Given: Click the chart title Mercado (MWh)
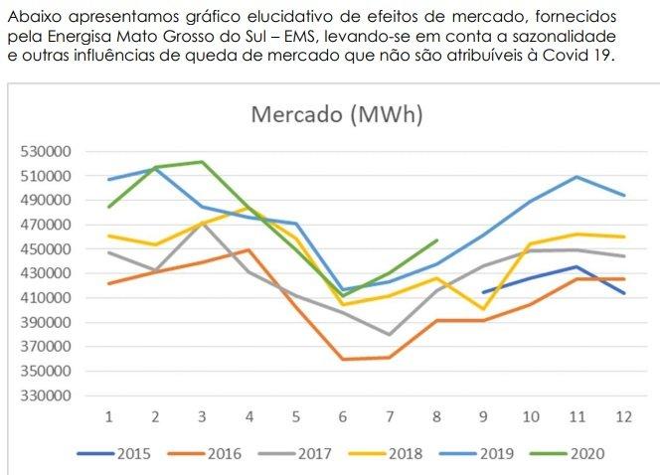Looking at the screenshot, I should click(x=337, y=114).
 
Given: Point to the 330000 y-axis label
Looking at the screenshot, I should click(x=43, y=396).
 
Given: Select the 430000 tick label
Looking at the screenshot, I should click(x=43, y=273).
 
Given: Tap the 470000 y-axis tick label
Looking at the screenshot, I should click(x=43, y=225).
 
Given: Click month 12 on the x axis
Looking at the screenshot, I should click(x=621, y=413).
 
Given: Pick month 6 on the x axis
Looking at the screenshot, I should click(x=342, y=413).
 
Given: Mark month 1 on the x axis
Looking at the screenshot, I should click(x=109, y=413).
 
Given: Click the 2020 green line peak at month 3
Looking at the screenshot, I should click(x=202, y=162).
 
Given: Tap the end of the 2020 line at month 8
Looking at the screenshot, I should click(x=436, y=239).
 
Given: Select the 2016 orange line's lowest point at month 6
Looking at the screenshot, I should click(x=343, y=359).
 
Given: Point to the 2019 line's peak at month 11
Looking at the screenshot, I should click(x=576, y=177).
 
